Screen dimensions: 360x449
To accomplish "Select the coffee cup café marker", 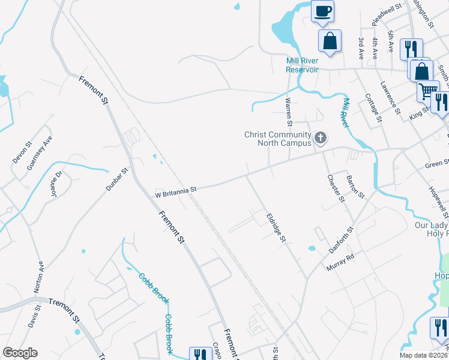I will click(x=323, y=11).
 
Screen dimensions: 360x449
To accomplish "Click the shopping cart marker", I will click(x=427, y=91).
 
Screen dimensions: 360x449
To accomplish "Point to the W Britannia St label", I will click(x=176, y=191).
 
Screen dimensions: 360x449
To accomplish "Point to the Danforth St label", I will click(x=342, y=238).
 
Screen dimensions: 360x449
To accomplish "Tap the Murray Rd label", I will click(x=340, y=262).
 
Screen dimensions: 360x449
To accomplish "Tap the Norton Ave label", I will click(x=40, y=275).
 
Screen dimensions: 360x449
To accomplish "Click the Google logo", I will click(x=20, y=353).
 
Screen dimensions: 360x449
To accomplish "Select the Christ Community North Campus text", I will click(x=277, y=139).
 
